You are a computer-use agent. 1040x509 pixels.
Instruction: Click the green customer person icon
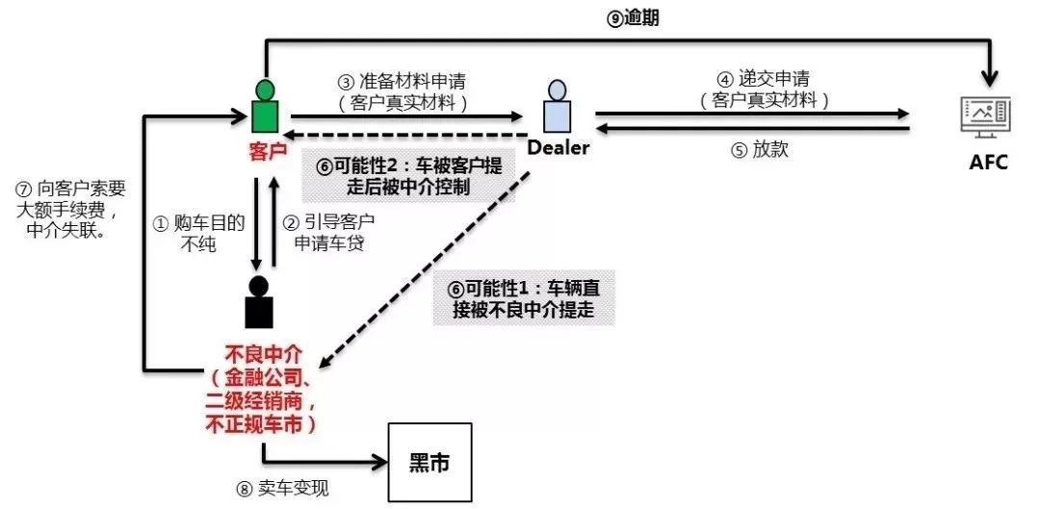263,107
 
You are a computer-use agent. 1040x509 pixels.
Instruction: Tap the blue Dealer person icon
557,108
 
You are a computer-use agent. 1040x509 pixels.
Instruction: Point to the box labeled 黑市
429,463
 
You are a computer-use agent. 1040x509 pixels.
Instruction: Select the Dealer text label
558,148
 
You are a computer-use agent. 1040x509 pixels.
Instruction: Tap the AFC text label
988,163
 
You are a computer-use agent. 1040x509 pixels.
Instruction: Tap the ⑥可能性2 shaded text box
408,175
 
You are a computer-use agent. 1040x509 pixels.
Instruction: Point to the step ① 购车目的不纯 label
199,233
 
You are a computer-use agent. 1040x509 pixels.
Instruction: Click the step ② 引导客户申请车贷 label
327,233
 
